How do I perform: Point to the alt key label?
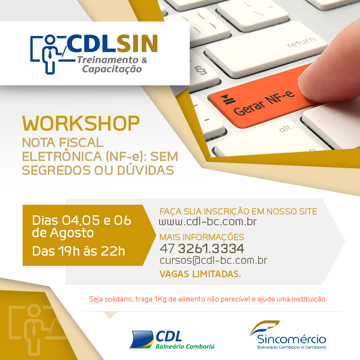tap(285, 129)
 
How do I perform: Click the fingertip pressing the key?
tap(331, 69)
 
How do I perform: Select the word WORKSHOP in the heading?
tap(81, 123)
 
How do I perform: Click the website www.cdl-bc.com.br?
tap(208, 222)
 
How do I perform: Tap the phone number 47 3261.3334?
tap(202, 248)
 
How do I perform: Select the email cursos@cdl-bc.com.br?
tap(213, 260)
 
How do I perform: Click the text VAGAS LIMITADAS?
tap(200, 274)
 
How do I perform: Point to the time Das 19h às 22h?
tap(79, 251)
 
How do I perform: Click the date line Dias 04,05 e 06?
tap(81, 221)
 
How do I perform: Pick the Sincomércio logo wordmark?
tap(292, 339)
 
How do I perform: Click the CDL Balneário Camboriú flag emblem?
tap(141, 339)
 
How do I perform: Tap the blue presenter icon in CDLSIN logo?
tap(49, 55)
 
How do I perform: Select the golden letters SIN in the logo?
tap(137, 43)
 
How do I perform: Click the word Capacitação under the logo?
tap(112, 69)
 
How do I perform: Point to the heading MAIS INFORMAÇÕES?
tap(202, 237)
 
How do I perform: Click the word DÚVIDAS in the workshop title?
tap(146, 170)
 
